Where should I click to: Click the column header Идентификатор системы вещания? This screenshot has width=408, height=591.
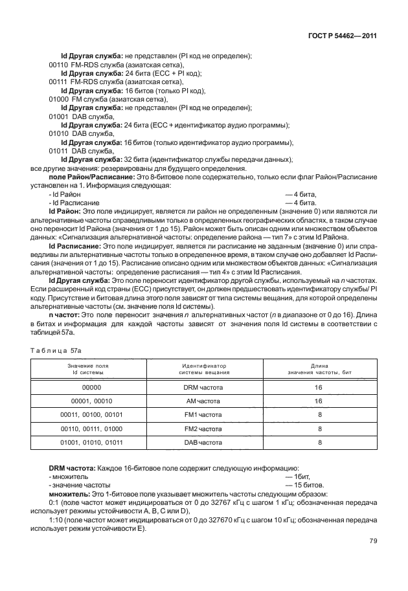[x=203, y=369]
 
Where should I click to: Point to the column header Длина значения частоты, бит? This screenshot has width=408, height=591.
[x=319, y=369]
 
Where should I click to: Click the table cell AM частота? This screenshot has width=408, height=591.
[x=203, y=401]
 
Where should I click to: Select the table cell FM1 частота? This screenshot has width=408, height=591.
[x=203, y=415]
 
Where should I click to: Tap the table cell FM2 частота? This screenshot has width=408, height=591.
[x=203, y=429]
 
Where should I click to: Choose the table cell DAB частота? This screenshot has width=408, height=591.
[x=203, y=443]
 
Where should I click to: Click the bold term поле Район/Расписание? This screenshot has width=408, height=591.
[x=91, y=177]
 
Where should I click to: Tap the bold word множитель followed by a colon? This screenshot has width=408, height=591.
[x=71, y=493]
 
